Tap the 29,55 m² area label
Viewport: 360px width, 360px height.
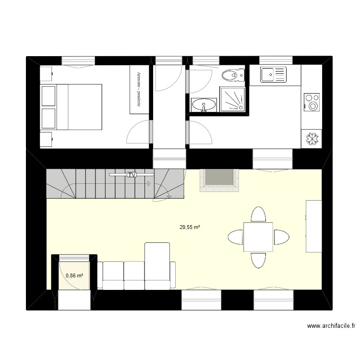tap(190, 228)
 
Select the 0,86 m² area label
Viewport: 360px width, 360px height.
tap(74, 276)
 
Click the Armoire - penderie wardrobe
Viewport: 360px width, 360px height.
tap(139, 90)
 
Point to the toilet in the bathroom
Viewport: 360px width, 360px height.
tap(232, 75)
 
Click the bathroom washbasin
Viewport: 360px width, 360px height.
tap(204, 104)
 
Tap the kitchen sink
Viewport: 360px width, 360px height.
tap(274, 74)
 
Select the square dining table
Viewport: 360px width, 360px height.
tap(258, 237)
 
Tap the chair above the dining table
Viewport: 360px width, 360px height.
tap(258, 215)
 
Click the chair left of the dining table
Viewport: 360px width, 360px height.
tap(236, 237)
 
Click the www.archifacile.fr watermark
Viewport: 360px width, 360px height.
tap(331, 326)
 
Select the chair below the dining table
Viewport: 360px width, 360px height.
tap(258, 260)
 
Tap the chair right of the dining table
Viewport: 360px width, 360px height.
tap(281, 237)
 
